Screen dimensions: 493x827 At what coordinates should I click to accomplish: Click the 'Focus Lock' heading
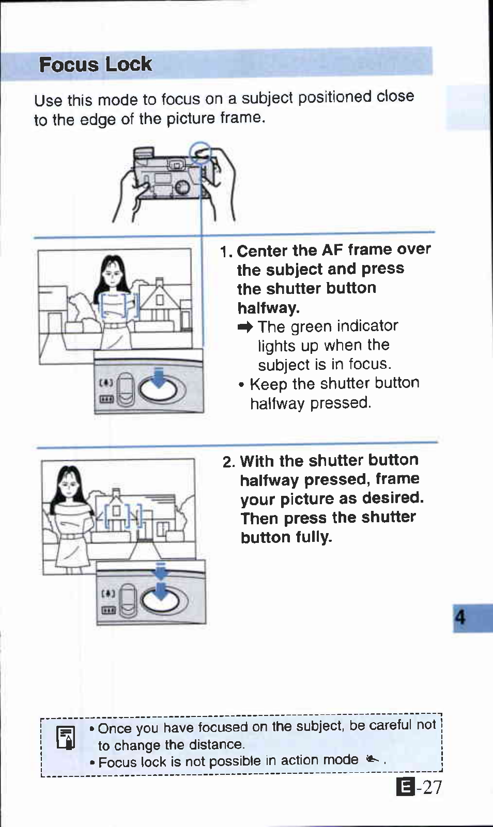point(95,65)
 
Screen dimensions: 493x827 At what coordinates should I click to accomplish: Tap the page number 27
point(432,787)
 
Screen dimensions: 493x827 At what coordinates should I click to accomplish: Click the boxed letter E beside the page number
point(405,788)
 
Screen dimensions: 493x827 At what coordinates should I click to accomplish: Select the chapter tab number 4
point(460,617)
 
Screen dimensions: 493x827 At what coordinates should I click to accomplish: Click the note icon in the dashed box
point(66,738)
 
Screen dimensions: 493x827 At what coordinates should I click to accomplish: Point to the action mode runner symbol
point(372,759)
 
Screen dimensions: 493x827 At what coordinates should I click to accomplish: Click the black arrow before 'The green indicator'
point(245,327)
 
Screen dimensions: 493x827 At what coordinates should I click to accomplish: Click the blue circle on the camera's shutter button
point(200,153)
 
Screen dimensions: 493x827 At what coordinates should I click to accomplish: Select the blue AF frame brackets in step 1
point(119,304)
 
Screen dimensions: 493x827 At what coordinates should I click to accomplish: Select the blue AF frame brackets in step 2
point(123,514)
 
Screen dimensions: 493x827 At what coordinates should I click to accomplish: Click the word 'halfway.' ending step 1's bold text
point(268,308)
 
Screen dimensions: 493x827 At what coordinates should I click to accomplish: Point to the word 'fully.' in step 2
point(314,537)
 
